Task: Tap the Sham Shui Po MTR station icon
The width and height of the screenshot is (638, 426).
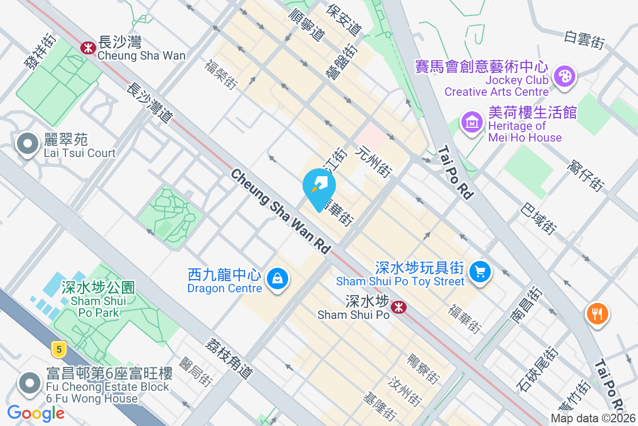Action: (397, 307)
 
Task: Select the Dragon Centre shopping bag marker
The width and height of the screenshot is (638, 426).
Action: (277, 278)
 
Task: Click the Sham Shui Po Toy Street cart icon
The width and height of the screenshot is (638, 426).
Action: (480, 272)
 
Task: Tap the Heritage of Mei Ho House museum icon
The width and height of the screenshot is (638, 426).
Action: (472, 123)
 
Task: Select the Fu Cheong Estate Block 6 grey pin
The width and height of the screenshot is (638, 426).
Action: (30, 383)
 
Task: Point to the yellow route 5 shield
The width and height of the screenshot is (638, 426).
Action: (59, 349)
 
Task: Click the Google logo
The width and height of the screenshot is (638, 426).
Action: (36, 413)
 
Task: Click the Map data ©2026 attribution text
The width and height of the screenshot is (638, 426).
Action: (593, 419)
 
